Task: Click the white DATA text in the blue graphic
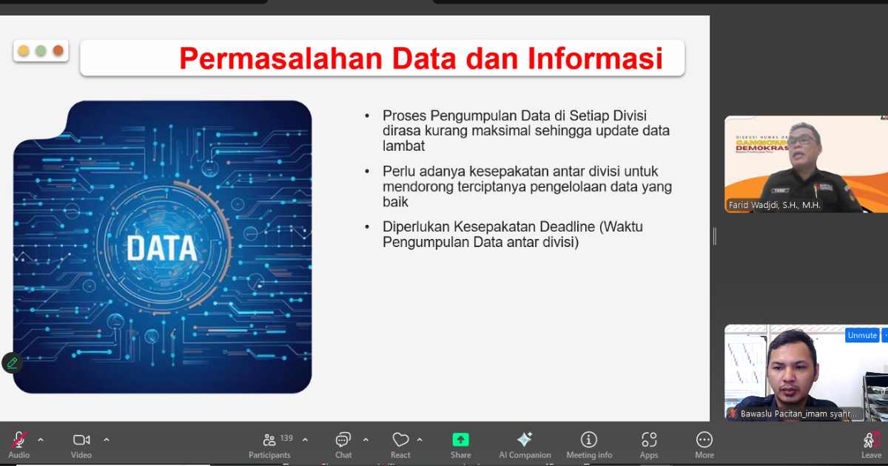point(161,249)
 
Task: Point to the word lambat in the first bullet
point(403,146)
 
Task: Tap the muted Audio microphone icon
point(19,439)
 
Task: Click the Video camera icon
point(81,439)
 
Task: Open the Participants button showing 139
point(270,439)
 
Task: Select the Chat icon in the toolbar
point(343,439)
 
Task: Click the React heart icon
point(400,439)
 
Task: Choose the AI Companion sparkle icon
point(525,439)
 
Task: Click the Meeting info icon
point(589,439)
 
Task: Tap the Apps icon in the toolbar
point(649,439)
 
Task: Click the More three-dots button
point(704,439)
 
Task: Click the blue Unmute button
point(862,335)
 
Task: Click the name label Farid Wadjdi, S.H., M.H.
point(775,205)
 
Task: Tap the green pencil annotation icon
point(12,362)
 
